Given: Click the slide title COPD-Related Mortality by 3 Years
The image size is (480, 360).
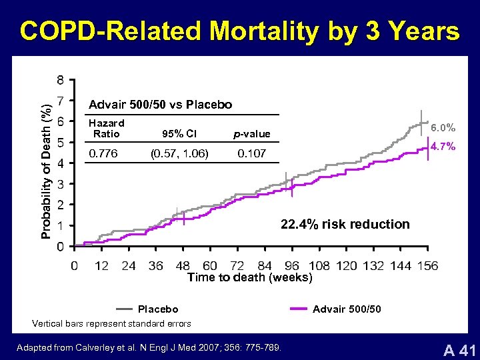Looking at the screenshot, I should (239, 31).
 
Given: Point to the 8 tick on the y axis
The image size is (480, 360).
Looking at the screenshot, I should (61, 81).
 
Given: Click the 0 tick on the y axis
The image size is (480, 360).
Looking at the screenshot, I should (61, 247).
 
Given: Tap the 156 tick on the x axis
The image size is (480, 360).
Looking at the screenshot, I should (427, 266).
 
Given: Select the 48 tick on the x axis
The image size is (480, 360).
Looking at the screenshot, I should (183, 266).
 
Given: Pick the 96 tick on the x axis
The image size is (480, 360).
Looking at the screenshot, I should (292, 266).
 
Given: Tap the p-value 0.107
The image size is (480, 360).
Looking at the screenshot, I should (251, 154).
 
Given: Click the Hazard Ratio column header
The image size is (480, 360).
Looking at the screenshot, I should (106, 128).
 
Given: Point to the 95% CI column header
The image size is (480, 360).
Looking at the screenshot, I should (179, 133).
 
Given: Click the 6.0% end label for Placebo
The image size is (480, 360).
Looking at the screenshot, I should (443, 127).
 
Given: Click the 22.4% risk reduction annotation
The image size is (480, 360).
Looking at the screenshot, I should (345, 224).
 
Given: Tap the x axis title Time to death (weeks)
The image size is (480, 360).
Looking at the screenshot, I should (249, 277).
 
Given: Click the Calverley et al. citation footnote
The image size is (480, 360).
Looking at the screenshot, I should (149, 347).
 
